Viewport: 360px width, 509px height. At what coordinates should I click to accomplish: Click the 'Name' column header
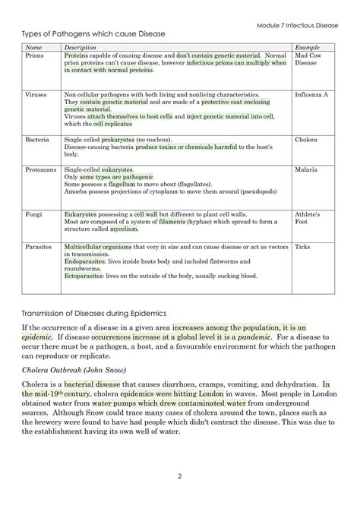pyautogui.click(x=33, y=48)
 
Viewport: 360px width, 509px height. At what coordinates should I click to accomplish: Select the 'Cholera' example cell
pyautogui.click(x=306, y=140)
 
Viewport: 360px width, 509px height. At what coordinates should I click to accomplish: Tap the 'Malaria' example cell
pyautogui.click(x=306, y=169)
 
